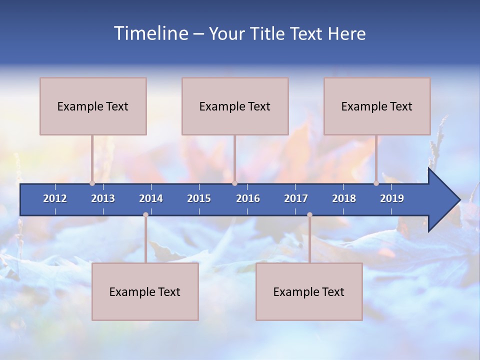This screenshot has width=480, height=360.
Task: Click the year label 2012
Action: coord(55,198)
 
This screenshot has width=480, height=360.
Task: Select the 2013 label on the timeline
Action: coord(103,198)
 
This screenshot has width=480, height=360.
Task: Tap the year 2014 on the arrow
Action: coord(151,198)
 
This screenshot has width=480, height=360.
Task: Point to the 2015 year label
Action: coord(199,198)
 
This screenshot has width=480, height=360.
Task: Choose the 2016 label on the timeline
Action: coord(248,198)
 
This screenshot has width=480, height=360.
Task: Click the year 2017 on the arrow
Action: coord(296,198)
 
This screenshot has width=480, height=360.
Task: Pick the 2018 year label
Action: coord(344,198)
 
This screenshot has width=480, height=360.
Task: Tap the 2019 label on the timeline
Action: coord(392,198)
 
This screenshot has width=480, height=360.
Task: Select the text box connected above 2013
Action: coord(93,106)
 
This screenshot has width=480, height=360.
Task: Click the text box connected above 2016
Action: coord(235,106)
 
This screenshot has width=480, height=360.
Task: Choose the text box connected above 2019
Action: coord(377,106)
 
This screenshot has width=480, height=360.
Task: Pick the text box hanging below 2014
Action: coord(145,291)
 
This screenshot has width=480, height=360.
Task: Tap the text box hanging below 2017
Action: coord(309,291)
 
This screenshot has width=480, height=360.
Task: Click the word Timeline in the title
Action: coord(150,33)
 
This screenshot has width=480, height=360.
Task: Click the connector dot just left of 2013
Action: coord(92,183)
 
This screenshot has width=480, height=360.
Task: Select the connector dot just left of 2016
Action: coord(234,183)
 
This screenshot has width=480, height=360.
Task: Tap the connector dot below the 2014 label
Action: coord(145,215)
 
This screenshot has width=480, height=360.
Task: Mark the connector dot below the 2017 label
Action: coord(309,215)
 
